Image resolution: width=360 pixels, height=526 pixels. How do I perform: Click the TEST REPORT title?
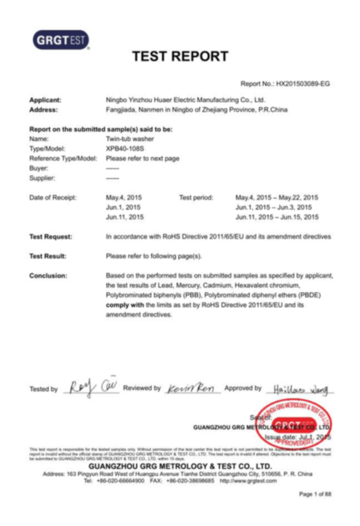point(180,56)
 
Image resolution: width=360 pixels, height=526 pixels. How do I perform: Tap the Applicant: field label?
point(45,100)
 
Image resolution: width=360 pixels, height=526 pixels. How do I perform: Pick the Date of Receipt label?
point(53,197)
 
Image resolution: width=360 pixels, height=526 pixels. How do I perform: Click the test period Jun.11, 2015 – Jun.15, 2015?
point(277,217)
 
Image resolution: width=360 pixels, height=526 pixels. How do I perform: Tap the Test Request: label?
point(50,236)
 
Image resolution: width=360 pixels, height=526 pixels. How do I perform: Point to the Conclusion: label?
point(48,275)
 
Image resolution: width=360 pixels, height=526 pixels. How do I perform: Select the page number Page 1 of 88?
point(315,493)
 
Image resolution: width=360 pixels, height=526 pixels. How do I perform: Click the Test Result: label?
point(48,256)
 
